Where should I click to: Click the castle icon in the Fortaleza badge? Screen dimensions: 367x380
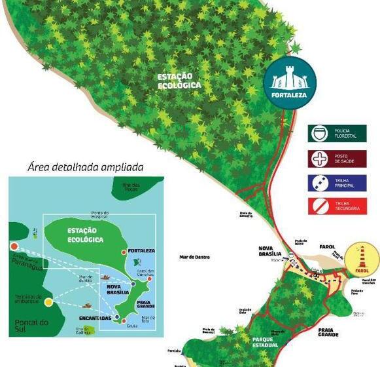[x=290, y=80]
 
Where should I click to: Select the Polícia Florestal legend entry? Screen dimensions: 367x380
[x=337, y=134]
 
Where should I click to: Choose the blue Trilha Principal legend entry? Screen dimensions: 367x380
[x=337, y=183]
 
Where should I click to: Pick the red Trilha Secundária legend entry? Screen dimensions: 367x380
[x=337, y=207]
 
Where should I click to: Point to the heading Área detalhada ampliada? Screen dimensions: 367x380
[x=86, y=167]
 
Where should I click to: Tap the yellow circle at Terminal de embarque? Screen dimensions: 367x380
[x=48, y=302]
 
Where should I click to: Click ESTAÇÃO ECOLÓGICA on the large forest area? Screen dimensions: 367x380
[x=179, y=81]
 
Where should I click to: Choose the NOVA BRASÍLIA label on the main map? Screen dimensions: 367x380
[x=269, y=251]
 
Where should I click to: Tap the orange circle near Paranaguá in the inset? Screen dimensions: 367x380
[x=14, y=246]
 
